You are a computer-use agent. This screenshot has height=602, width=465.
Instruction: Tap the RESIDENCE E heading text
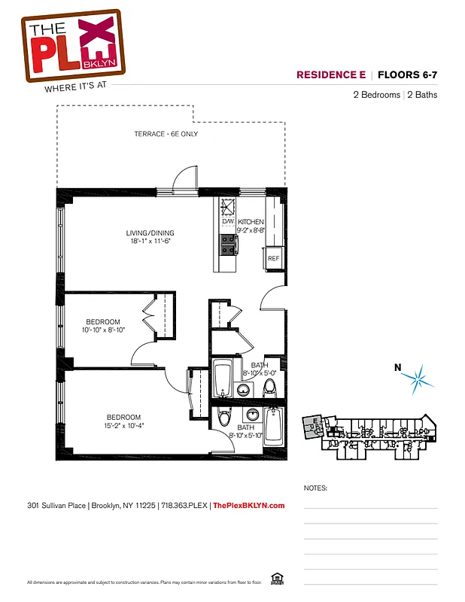tap(331, 74)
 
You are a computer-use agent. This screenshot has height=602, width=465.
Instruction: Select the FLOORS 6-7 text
tap(407, 74)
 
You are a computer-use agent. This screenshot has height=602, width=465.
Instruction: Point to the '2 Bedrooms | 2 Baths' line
tap(395, 95)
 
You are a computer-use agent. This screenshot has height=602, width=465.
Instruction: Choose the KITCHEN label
tap(251, 222)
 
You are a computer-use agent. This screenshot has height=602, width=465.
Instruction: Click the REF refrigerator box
tap(274, 258)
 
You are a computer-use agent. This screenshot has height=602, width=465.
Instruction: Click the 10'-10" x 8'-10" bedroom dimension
tap(103, 330)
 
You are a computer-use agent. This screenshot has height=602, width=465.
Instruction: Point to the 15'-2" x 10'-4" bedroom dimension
tap(124, 426)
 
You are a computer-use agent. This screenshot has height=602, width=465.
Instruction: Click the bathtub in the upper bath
tap(221, 379)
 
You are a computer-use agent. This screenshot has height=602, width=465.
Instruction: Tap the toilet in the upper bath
tap(270, 388)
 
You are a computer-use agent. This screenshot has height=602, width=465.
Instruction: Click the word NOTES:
tap(315, 488)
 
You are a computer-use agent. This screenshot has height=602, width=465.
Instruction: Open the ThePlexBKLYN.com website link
tap(249, 506)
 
